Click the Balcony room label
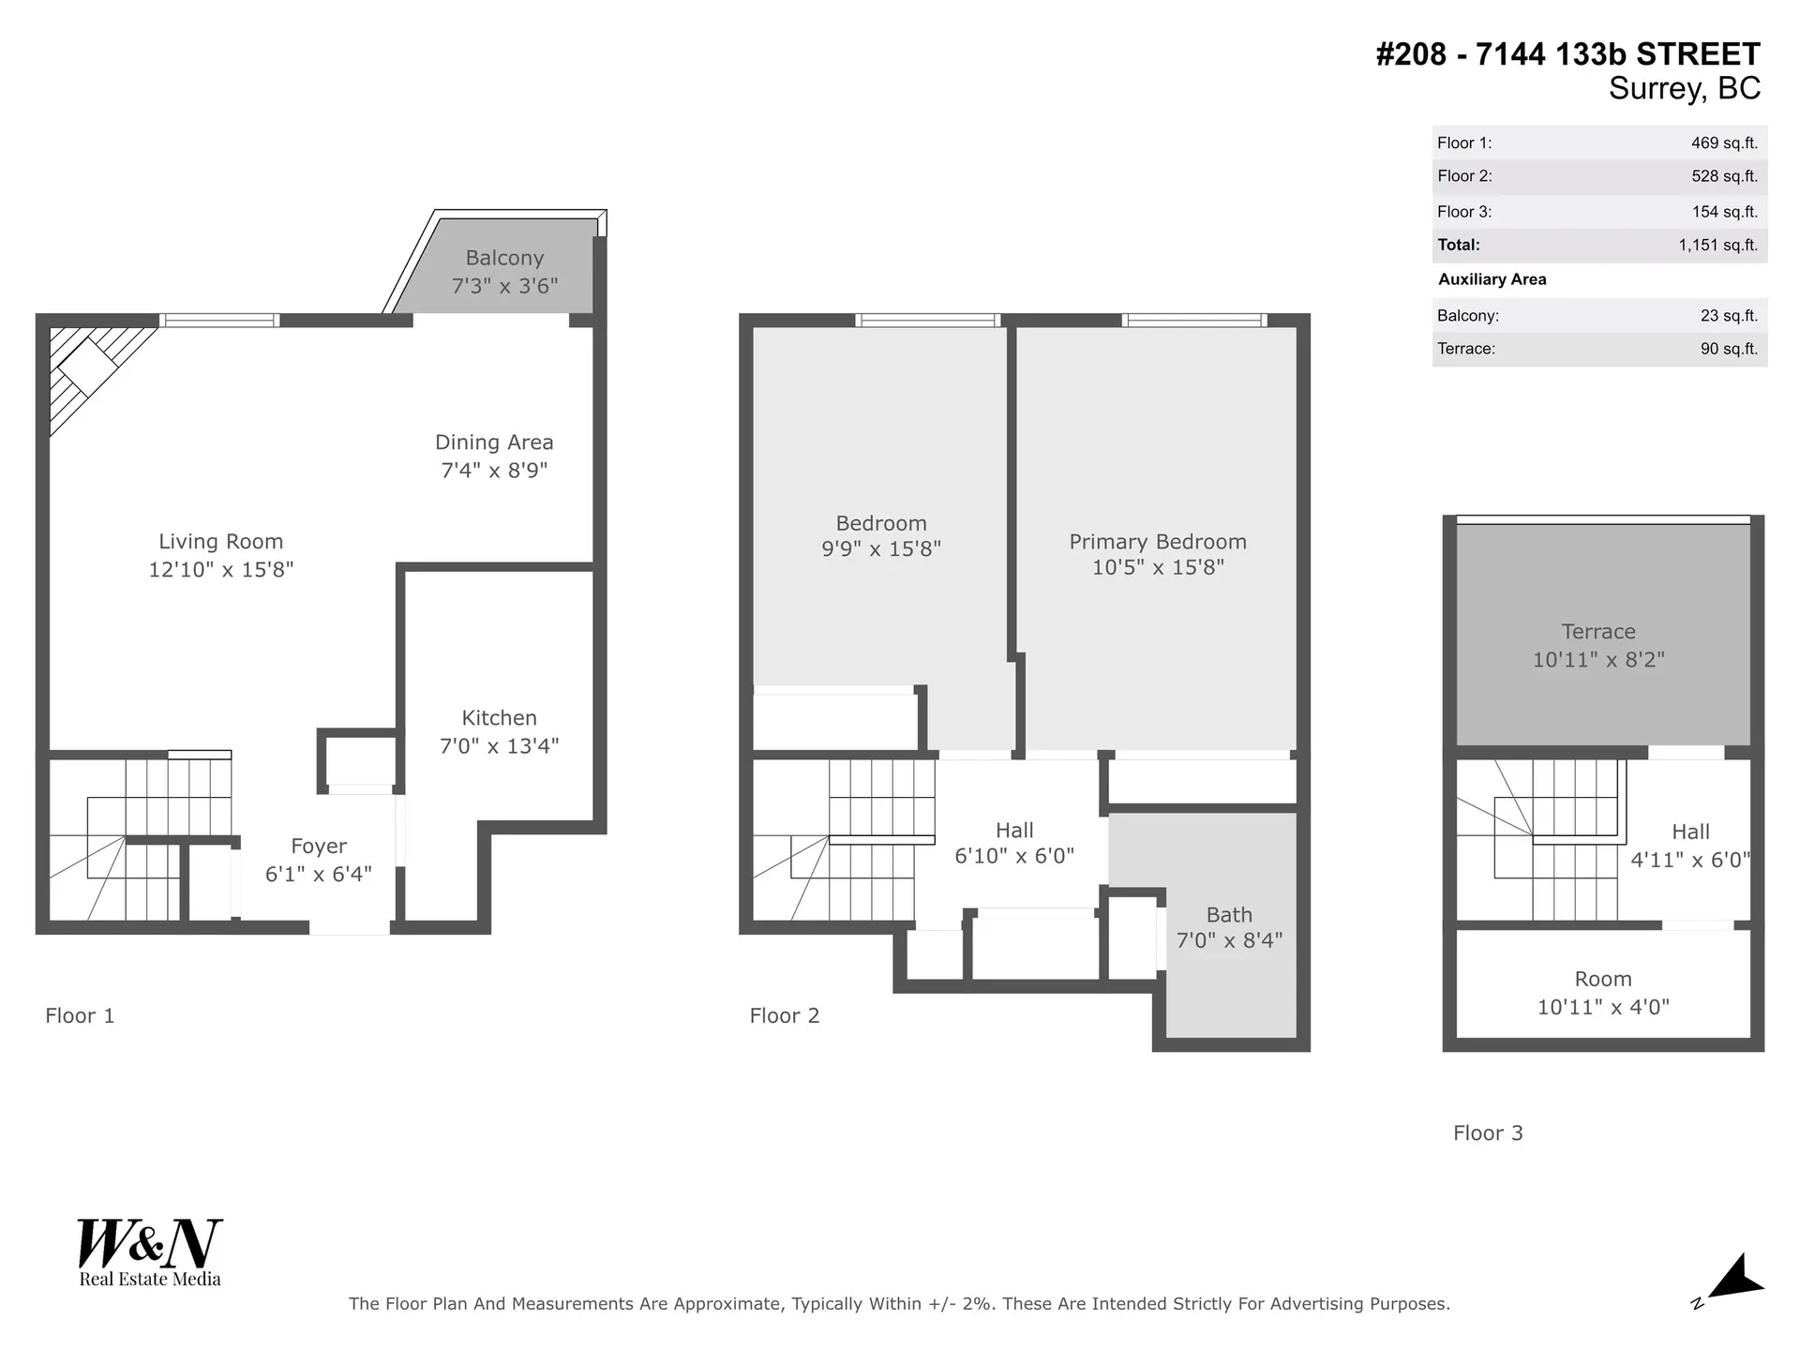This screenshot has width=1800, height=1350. click(x=504, y=258)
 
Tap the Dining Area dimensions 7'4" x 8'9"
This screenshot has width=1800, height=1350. click(x=494, y=471)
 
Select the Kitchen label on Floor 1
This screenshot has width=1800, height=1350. click(x=499, y=718)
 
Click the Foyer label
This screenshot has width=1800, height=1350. click(x=319, y=847)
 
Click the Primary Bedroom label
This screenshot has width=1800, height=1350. click(x=1158, y=542)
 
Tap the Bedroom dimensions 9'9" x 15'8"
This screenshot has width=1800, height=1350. click(x=881, y=549)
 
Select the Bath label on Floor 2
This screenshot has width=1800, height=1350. click(x=1229, y=915)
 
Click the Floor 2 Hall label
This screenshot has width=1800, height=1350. click(x=1014, y=831)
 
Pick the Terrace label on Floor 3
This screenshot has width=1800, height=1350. click(x=1598, y=632)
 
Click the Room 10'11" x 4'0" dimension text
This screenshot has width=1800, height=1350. click(x=1603, y=1008)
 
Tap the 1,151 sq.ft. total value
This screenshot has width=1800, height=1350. click(x=1717, y=246)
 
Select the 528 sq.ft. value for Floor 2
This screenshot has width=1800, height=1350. click(x=1724, y=176)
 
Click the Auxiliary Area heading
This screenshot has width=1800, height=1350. click(x=1492, y=279)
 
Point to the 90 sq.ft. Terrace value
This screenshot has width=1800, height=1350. click(x=1729, y=349)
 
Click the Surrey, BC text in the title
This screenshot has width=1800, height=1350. click(x=1684, y=89)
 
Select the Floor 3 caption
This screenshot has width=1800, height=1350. click(x=1488, y=1133)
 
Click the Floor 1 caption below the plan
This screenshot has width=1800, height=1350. click(x=80, y=1016)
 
